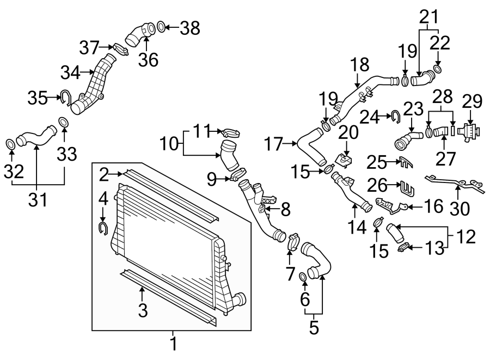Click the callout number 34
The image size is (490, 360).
tap(69, 71)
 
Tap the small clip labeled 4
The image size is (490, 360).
tap(102, 227)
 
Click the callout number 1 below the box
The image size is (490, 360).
tap(173, 344)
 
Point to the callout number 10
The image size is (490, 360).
tap(170, 144)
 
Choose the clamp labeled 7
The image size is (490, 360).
tap(290, 242)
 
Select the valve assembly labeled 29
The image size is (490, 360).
tap(469, 132)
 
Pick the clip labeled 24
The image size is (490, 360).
tap(395, 115)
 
